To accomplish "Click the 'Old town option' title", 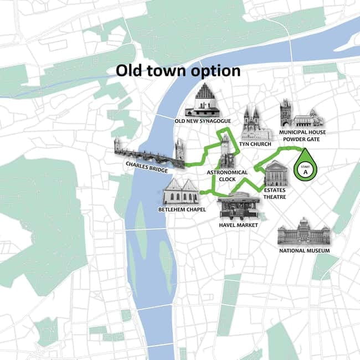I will pyautogui.click(x=178, y=71).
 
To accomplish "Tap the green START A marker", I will pyautogui.click(x=303, y=169).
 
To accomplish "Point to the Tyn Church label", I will pyautogui.click(x=256, y=145).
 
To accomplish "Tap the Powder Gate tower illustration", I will pyautogui.click(x=286, y=114).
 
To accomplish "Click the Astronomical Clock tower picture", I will pyautogui.click(x=226, y=151).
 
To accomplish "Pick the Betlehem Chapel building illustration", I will pyautogui.click(x=181, y=191).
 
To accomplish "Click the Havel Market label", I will pyautogui.click(x=239, y=225).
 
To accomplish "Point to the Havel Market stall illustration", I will pyautogui.click(x=238, y=206).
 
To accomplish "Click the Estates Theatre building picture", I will pyautogui.click(x=275, y=173).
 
